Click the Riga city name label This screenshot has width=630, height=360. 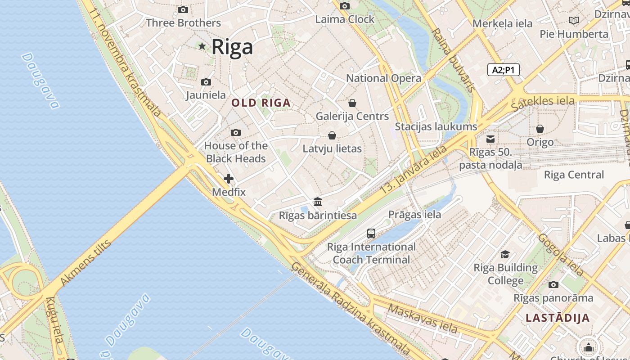[232, 46]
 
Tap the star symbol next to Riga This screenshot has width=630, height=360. [202, 46]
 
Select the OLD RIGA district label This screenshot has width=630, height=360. [261, 103]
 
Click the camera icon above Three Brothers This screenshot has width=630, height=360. [183, 9]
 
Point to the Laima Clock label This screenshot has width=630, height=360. [345, 19]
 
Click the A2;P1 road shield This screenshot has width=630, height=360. [504, 70]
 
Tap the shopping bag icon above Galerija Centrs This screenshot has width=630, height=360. [352, 103]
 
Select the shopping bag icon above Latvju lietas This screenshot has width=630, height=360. [332, 135]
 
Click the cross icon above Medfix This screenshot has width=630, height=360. [229, 179]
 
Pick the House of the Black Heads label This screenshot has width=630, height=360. [236, 152]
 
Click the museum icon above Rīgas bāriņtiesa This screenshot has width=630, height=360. [318, 202]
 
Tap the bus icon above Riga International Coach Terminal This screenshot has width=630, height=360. [371, 233]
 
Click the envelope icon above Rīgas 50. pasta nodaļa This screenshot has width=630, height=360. [490, 139]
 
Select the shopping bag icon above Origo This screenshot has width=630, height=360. [540, 129]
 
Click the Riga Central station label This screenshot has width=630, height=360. [574, 175]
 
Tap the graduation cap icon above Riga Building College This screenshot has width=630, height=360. [505, 254]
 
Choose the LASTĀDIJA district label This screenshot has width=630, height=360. [558, 318]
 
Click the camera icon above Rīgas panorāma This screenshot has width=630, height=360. [553, 284]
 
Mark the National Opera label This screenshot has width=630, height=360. [383, 78]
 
